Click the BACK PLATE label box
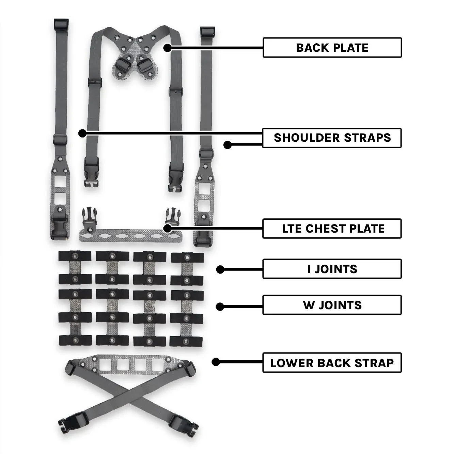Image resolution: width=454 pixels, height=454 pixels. (332, 48)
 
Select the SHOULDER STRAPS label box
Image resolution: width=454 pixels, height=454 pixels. (332, 138)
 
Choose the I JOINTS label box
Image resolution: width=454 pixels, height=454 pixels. (332, 269)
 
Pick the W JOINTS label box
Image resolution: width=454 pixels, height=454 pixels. (332, 305)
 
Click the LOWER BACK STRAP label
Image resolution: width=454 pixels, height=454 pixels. (332, 363)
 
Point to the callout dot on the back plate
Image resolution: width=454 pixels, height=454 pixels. (167, 48)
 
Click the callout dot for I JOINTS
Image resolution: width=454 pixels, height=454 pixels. (220, 269)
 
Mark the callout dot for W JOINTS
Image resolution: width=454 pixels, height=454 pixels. (220, 307)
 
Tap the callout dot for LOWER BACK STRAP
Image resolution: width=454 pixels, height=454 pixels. (216, 362)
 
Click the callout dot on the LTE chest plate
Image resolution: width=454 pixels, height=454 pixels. (167, 228)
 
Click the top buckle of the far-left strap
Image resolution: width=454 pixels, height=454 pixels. (61, 24)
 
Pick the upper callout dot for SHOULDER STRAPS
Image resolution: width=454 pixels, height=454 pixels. (82, 133)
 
